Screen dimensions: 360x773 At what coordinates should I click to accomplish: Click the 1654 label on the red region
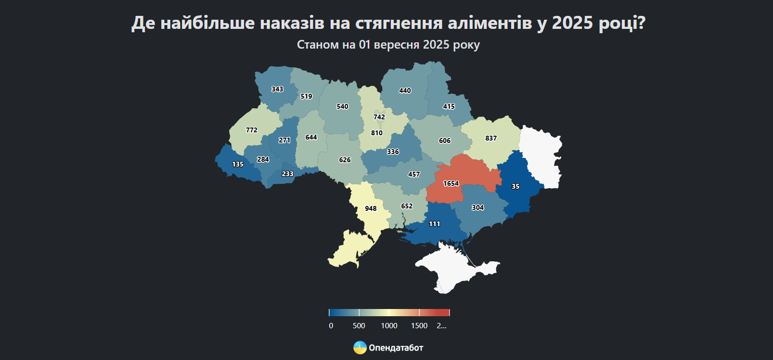coord(451,183)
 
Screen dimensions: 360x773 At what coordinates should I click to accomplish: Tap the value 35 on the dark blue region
coord(515,186)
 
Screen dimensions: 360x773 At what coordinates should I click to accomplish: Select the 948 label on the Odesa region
coord(371,208)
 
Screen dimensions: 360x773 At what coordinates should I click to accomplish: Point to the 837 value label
coord(491,138)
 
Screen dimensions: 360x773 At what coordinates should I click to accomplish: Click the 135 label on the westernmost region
coord(238,164)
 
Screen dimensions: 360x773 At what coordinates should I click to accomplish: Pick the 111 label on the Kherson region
coord(435,224)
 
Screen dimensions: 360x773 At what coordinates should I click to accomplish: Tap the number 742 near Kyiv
coord(379,117)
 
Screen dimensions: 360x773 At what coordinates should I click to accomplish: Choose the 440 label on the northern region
coord(405,90)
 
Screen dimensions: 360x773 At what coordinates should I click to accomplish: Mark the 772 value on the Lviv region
coord(252,130)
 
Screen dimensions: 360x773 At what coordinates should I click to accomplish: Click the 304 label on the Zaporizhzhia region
coord(477,207)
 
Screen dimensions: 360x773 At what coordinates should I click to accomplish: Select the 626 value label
coord(345,160)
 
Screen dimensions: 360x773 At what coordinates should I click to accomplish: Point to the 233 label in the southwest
coord(287,174)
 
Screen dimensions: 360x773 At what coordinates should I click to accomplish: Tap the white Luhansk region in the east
coord(541,154)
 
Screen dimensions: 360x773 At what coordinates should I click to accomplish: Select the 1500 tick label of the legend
coord(419,326)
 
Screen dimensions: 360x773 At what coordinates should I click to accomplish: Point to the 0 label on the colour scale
coord(331,326)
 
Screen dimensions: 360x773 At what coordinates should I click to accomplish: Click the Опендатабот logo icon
coord(360,347)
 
